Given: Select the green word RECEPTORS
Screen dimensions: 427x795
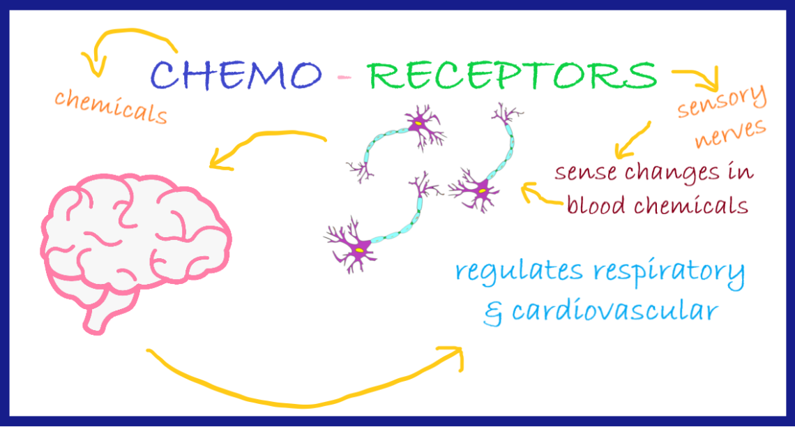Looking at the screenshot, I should coord(513,75).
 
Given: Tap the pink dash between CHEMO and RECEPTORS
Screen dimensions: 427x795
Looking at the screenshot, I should coord(344,77).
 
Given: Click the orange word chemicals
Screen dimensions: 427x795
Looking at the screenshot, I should coord(111,107).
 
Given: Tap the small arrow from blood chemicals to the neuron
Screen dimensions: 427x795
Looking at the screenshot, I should coord(540,195).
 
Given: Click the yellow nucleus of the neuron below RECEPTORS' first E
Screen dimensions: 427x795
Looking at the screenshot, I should coord(417,123).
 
